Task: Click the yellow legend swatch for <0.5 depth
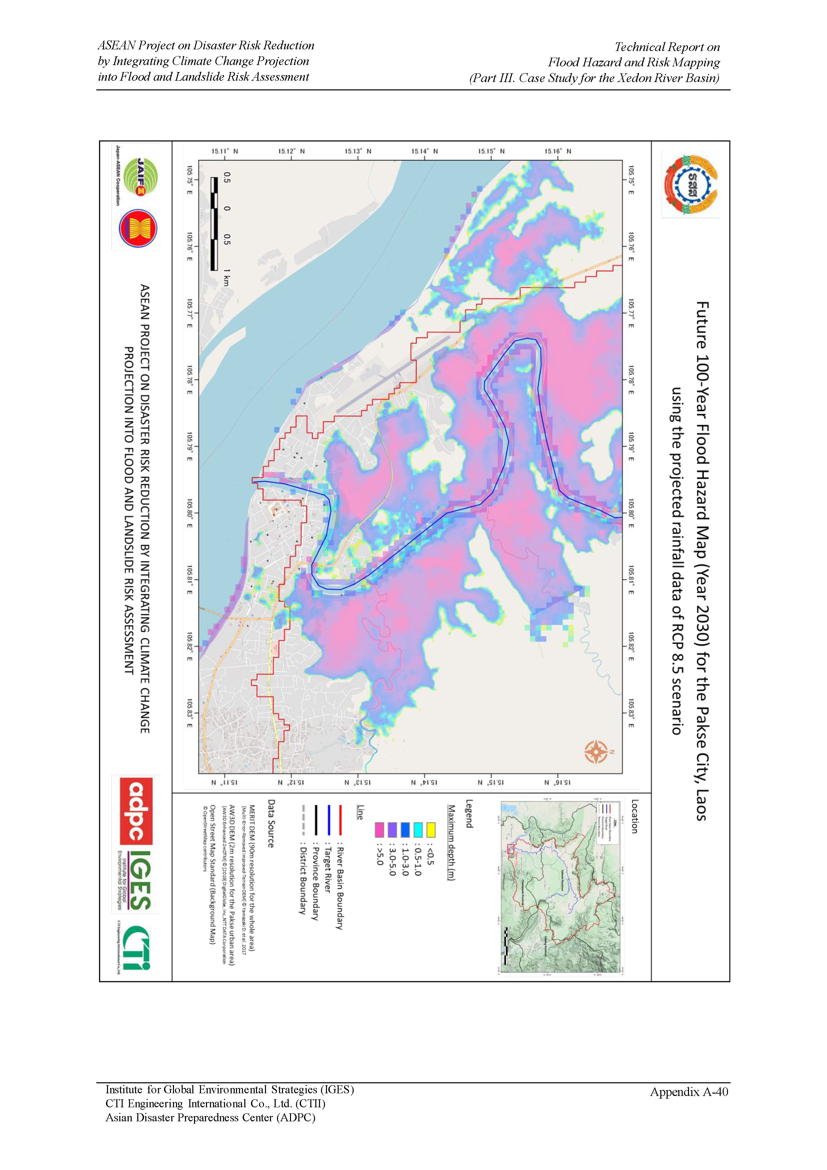coord(431,829)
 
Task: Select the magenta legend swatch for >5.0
coord(379,829)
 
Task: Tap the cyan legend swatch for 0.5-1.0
coord(418,829)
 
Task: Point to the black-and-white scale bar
coord(214,223)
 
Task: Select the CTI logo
coord(135,948)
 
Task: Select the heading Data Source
coord(271,823)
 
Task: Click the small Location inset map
coord(560,887)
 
